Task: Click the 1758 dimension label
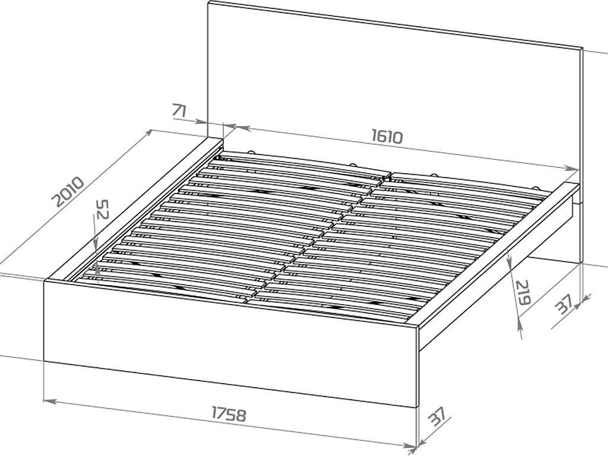(x=229, y=414)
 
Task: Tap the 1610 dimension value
(x=387, y=137)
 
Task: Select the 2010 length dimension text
(x=68, y=192)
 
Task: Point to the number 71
(x=179, y=111)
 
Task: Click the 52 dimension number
(x=103, y=209)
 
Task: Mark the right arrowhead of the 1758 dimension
(x=410, y=446)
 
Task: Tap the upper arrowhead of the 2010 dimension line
(x=148, y=132)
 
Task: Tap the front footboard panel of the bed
(x=231, y=343)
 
